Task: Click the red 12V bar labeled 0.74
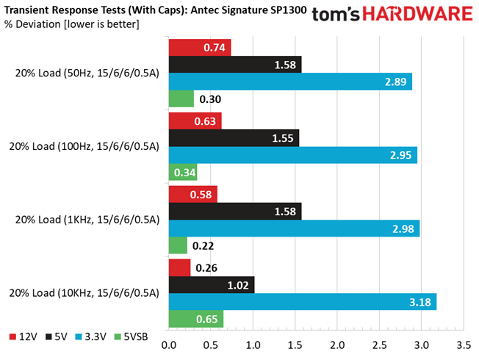click(x=200, y=47)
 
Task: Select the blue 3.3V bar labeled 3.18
click(x=303, y=302)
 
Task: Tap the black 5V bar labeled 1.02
click(x=212, y=285)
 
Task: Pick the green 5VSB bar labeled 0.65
click(x=196, y=319)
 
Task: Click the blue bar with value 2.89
click(x=290, y=82)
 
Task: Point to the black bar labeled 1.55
click(x=234, y=138)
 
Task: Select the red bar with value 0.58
click(x=193, y=195)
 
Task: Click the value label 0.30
click(x=210, y=99)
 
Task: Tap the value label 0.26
click(x=206, y=268)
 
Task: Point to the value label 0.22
click(x=204, y=246)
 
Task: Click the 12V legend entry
click(x=24, y=336)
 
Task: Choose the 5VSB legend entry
click(x=131, y=336)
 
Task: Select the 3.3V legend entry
click(x=91, y=336)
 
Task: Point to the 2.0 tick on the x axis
click(x=337, y=345)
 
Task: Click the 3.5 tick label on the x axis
click(x=464, y=345)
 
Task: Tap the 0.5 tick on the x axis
click(x=211, y=345)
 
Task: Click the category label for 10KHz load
click(x=84, y=293)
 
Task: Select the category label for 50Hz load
click(x=87, y=73)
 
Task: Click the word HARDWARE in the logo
click(x=417, y=14)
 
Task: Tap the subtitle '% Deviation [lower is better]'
click(x=71, y=24)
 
